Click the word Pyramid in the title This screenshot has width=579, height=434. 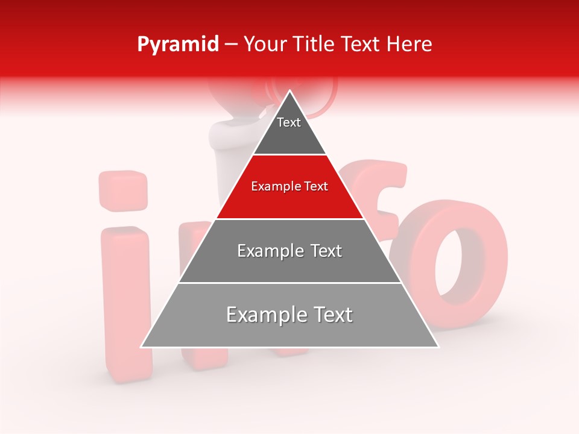(177, 45)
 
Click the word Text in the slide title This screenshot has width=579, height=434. (361, 45)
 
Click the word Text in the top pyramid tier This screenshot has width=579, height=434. (289, 122)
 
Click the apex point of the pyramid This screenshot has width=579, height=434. (290, 92)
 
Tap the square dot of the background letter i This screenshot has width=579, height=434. (123, 190)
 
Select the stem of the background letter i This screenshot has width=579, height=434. (125, 295)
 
